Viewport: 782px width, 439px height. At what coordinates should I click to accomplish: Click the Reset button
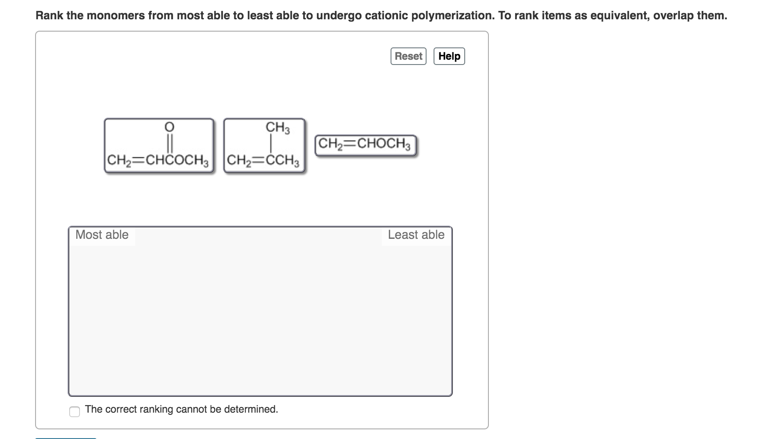tap(408, 56)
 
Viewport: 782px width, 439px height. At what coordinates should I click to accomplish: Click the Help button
tap(449, 56)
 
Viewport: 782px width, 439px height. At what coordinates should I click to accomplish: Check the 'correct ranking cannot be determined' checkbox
tap(75, 411)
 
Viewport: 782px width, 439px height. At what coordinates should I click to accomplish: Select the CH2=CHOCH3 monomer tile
tap(365, 145)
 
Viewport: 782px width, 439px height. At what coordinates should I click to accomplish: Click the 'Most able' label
tap(102, 235)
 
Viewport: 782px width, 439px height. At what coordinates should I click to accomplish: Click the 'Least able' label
tap(416, 235)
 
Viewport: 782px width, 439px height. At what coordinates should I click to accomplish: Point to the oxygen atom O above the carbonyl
tap(169, 127)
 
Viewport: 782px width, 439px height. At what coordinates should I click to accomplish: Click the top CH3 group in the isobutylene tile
tap(277, 128)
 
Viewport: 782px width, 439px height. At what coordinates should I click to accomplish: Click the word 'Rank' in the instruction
tap(50, 16)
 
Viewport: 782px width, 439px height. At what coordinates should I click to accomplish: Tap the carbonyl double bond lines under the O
tap(169, 143)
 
